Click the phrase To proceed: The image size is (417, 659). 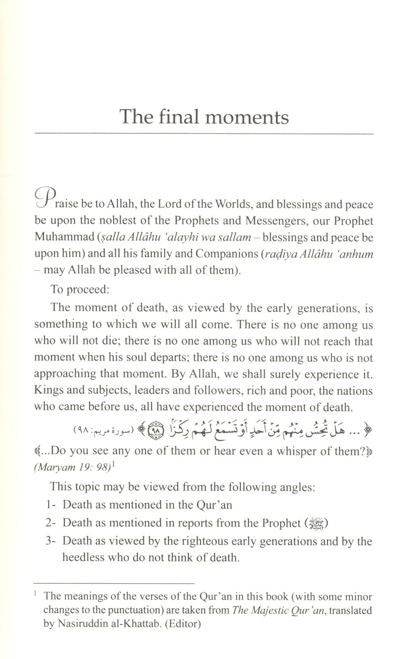click(80, 289)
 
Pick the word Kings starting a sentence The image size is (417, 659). click(49, 390)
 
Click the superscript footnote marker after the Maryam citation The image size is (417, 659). click(113, 465)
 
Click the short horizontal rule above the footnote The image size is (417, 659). click(114, 583)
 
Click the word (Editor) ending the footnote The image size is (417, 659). click(183, 624)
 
